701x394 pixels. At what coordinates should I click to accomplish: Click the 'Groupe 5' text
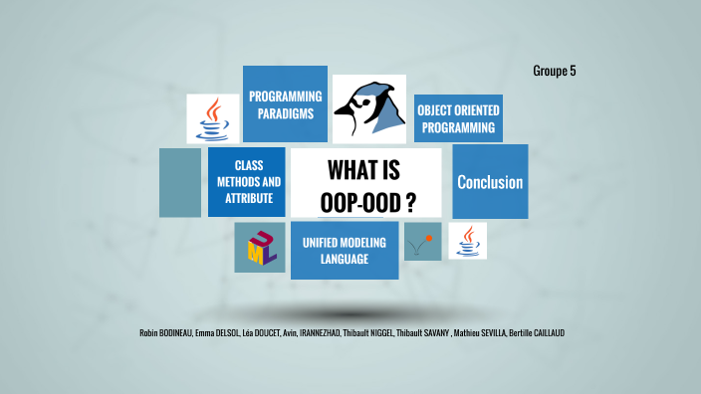pos(555,71)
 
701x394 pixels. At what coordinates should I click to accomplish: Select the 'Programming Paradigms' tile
pos(285,104)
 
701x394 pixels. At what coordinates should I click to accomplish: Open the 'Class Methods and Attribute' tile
pos(246,181)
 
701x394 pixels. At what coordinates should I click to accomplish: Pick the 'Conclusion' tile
pos(490,182)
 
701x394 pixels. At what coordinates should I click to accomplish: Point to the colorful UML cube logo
pos(260,248)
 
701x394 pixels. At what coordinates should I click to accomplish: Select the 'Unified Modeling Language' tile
pos(345,250)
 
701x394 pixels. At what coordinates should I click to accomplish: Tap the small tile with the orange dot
pos(422,242)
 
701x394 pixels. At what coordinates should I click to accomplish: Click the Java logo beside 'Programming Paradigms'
pos(212,118)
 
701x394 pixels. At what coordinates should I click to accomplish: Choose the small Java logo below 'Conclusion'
pos(467,242)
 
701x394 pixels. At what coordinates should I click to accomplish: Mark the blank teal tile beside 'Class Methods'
pos(180,182)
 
